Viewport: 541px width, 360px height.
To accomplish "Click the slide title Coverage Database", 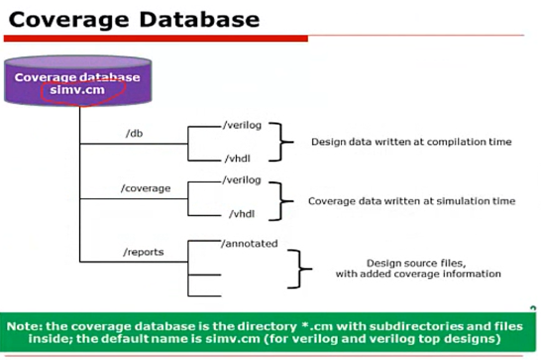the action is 134,20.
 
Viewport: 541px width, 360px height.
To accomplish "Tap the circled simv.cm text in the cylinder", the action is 77,90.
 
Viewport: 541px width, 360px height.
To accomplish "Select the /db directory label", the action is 134,133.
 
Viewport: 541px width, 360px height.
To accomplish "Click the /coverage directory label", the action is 146,188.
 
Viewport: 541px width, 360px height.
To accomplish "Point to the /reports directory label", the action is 144,252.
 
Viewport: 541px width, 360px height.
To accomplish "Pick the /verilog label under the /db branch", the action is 242,125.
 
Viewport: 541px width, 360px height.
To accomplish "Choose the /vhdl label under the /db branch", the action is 238,159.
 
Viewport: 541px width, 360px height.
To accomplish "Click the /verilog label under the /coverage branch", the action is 242,180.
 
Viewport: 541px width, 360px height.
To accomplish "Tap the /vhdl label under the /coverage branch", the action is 242,214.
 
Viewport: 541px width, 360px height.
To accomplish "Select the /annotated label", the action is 249,244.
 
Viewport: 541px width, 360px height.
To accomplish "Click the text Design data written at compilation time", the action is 411,142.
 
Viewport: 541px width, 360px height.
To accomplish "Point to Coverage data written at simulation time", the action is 411,201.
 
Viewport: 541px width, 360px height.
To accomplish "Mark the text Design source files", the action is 416,263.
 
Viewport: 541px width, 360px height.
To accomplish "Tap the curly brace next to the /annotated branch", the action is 299,269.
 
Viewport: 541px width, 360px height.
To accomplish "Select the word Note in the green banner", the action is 24,326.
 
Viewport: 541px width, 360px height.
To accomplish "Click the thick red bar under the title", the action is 156,39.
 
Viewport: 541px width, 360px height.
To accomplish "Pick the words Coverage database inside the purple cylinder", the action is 77,77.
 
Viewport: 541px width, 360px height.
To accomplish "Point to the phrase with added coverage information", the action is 418,274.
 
